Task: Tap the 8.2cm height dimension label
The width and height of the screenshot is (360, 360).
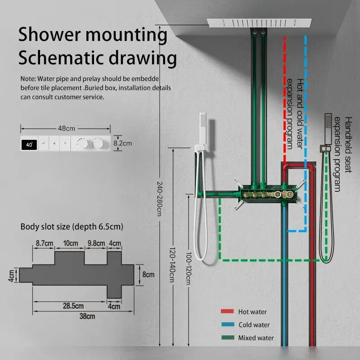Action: point(123,143)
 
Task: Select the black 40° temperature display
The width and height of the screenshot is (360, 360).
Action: point(29,144)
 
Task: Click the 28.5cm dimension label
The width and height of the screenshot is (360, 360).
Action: point(73,306)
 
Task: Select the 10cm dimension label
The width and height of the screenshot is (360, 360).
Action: point(70,243)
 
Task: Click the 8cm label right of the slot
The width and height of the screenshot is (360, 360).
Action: point(148,274)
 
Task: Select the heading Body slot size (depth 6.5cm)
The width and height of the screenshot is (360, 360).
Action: point(72,226)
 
